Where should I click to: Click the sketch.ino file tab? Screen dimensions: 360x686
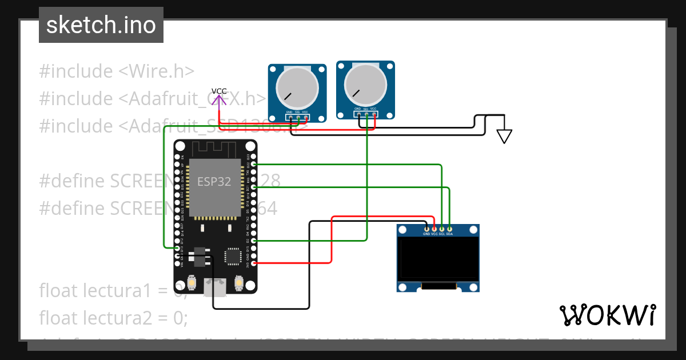[101, 25]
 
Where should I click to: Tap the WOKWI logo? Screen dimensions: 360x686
[607, 315]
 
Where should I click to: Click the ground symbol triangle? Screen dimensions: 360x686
[504, 136]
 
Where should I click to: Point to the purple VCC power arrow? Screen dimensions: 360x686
[219, 101]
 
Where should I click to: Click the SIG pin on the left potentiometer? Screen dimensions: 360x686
[298, 118]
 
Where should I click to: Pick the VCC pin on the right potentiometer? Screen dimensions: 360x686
[374, 114]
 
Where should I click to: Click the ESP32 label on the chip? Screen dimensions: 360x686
[214, 182]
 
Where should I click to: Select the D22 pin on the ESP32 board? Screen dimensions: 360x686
[253, 165]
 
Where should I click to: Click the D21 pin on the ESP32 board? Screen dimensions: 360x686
[253, 187]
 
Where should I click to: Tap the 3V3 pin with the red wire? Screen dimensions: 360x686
[253, 263]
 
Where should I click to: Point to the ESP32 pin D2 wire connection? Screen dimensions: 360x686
[253, 241]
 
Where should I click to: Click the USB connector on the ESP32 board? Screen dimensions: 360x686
[216, 286]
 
